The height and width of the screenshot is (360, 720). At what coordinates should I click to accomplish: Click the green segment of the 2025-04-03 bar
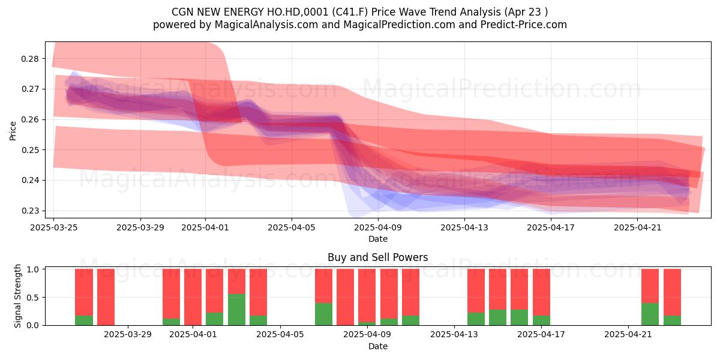pyautogui.click(x=236, y=310)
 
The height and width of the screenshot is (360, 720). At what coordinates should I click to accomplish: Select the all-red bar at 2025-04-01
pyautogui.click(x=193, y=297)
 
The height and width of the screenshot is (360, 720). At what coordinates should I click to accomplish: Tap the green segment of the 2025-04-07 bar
pyautogui.click(x=323, y=314)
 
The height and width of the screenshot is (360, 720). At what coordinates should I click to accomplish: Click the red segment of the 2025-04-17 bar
pyautogui.click(x=541, y=292)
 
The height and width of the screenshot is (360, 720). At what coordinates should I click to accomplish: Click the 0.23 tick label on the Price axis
pyautogui.click(x=29, y=211)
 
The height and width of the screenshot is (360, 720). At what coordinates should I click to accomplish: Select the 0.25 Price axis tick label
pyautogui.click(x=29, y=150)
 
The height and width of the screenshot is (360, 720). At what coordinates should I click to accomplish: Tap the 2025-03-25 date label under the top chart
pyautogui.click(x=54, y=227)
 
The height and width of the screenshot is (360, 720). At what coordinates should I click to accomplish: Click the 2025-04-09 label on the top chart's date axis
pyautogui.click(x=378, y=227)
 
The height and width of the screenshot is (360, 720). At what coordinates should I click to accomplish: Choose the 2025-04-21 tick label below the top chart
pyautogui.click(x=638, y=227)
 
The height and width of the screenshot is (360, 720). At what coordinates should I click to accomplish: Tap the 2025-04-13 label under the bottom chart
pyautogui.click(x=454, y=335)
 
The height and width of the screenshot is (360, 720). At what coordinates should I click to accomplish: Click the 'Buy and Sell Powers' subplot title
pyautogui.click(x=377, y=257)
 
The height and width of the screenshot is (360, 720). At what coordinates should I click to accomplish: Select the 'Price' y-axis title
pyautogui.click(x=13, y=131)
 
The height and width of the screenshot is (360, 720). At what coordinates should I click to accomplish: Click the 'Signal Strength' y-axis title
pyautogui.click(x=17, y=296)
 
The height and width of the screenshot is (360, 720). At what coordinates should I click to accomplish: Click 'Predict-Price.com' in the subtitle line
pyautogui.click(x=524, y=25)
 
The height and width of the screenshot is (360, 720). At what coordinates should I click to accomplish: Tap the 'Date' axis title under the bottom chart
pyautogui.click(x=378, y=347)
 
